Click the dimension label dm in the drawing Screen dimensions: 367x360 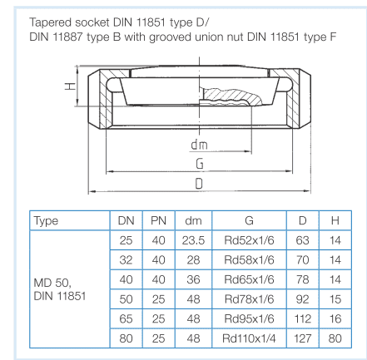pos(199,145)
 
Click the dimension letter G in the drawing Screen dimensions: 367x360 pos(200,164)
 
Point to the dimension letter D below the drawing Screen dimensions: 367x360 pos(199,184)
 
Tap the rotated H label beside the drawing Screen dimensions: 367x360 pos(71,86)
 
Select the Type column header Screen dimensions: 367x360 pos(46,220)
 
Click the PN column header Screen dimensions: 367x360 pos(158,220)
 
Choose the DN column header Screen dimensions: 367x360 pos(126,220)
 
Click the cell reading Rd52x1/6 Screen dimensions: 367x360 pos(249,240)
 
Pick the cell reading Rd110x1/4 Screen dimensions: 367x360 pos(249,338)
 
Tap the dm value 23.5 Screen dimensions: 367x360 pos(193,240)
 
